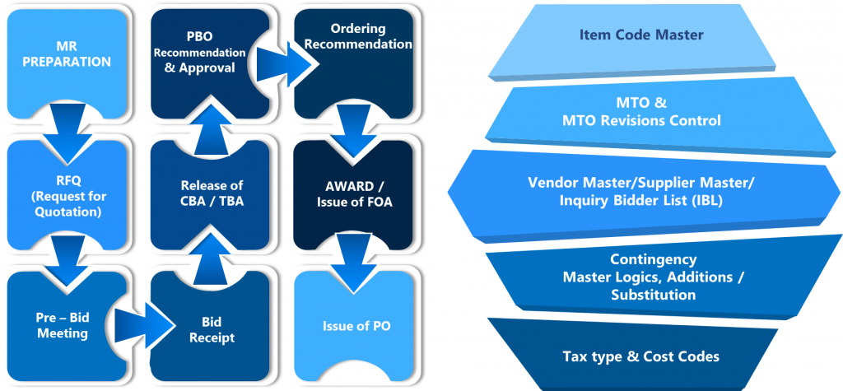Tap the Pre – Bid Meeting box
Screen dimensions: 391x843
point(58,327)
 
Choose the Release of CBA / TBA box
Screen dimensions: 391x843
point(212,192)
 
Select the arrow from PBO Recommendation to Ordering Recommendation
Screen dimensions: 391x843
point(284,60)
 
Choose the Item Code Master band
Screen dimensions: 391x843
point(642,35)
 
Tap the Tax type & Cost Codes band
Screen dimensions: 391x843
point(640,356)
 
